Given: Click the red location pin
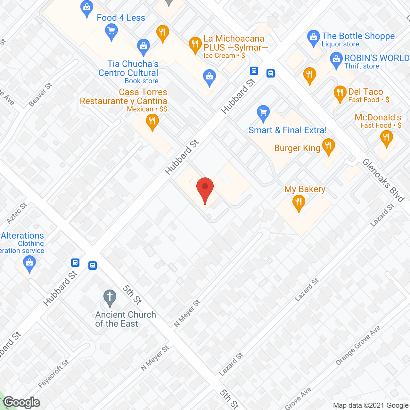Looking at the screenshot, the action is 205,189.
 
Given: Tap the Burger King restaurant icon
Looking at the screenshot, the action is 328,146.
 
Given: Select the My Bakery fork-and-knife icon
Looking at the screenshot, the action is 299,202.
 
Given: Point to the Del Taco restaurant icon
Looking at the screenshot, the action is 340,93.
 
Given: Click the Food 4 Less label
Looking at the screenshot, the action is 121,18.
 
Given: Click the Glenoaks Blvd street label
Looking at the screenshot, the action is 383,180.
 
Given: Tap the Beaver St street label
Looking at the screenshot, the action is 40,95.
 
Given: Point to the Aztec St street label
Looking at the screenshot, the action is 17,213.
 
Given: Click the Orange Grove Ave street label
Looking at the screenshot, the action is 358,345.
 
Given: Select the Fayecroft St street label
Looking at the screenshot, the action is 53,374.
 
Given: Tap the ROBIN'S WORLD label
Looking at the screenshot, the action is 377,58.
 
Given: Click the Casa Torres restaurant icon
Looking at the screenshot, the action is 152,122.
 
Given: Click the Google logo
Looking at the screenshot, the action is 22,402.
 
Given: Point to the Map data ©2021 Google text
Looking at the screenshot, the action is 371,406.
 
